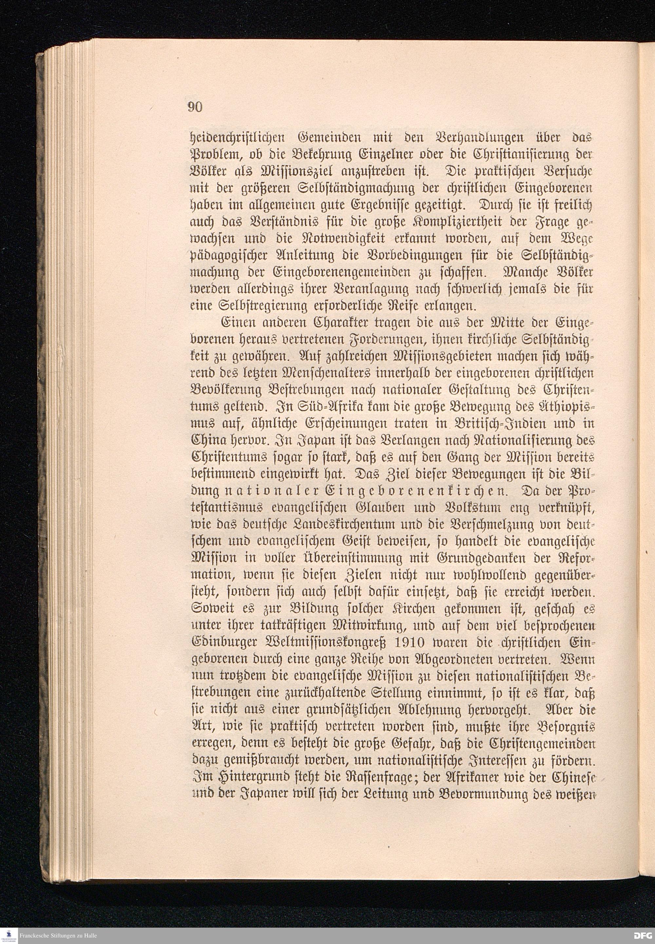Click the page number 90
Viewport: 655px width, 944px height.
(x=195, y=107)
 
